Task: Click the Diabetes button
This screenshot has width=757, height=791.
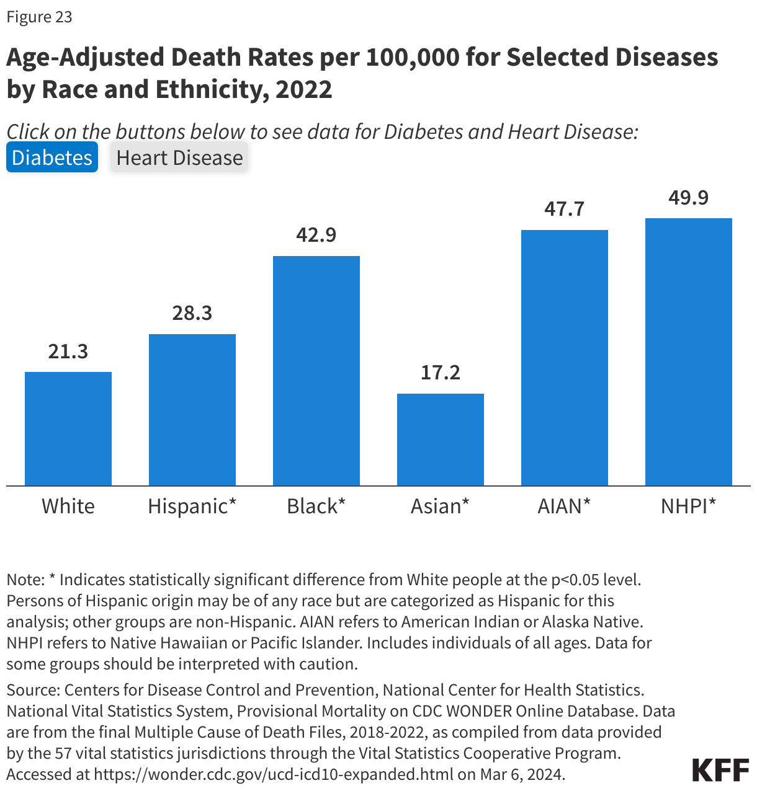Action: [52, 157]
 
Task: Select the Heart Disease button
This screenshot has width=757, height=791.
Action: [179, 157]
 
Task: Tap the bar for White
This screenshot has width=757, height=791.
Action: [68, 428]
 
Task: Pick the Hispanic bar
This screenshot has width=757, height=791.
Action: [192, 409]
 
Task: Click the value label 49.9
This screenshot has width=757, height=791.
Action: [689, 198]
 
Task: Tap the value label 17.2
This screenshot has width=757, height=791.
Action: [441, 373]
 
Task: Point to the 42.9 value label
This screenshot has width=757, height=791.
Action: [316, 235]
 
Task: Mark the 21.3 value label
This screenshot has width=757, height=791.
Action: [68, 351]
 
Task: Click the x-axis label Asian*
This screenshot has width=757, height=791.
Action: [440, 506]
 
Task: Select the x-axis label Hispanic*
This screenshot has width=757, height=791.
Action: [192, 506]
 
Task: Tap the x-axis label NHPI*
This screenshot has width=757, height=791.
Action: [688, 506]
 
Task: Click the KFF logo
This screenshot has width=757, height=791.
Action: [720, 769]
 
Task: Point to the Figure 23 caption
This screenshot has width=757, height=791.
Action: [40, 17]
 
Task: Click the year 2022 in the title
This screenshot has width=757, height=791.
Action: [304, 89]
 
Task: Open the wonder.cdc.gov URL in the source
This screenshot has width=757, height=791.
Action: [274, 774]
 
